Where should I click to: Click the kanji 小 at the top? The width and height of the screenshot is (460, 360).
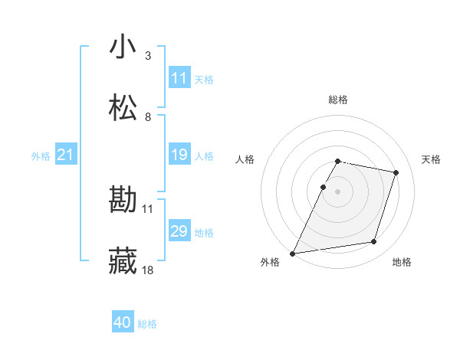[x=123, y=47]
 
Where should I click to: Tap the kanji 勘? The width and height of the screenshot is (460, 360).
[x=123, y=201]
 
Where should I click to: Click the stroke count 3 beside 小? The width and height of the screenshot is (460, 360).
[x=148, y=55]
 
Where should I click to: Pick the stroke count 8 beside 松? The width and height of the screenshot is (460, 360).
[x=148, y=116]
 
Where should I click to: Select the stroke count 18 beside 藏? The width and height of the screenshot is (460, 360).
[x=148, y=270]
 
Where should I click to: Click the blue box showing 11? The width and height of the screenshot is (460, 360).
[x=179, y=78]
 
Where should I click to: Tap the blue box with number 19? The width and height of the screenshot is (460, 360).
[x=179, y=155]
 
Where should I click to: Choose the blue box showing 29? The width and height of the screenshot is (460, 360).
[x=179, y=232]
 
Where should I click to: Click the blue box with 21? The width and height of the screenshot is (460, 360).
[x=66, y=155]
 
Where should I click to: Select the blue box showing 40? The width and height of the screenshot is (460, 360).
[x=123, y=323]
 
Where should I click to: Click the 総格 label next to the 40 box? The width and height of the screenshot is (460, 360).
[x=147, y=324]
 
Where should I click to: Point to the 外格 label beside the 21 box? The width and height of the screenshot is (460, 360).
[x=41, y=156]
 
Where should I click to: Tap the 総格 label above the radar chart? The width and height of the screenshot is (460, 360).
[x=338, y=100]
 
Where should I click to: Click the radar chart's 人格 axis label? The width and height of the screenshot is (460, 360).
[x=245, y=159]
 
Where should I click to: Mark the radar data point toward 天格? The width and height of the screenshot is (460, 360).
[x=396, y=173]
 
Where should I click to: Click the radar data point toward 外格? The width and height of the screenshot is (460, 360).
[x=293, y=253]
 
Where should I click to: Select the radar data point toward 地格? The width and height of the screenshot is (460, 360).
[x=374, y=242]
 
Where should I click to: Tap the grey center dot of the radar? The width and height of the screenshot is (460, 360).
[x=338, y=191]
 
